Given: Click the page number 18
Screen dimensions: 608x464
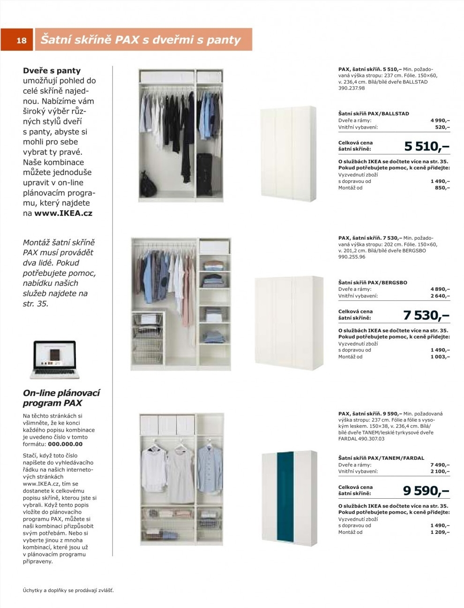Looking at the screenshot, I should [22, 40].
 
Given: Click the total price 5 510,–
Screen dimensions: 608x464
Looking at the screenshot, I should [426, 146].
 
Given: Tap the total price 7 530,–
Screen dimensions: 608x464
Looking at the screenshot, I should [426, 315].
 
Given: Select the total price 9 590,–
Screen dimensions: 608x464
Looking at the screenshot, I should [426, 491].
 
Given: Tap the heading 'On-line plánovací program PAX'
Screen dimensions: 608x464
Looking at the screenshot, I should [61, 398].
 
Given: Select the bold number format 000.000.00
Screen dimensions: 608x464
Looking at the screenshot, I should [65, 444].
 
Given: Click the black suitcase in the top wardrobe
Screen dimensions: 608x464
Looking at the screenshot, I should [204, 174].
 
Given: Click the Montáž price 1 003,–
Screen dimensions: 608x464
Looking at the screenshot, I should [440, 357].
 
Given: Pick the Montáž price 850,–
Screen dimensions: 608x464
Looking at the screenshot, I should [442, 188].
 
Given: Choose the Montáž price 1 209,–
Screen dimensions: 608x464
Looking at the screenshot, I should [440, 532].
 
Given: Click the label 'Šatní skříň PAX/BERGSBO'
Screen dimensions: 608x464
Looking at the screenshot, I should [373, 282].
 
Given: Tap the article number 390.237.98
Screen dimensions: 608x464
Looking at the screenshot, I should [351, 88].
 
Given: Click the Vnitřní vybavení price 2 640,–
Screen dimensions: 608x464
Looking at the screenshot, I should [440, 296].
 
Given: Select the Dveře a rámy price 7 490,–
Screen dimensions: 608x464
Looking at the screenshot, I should [440, 465].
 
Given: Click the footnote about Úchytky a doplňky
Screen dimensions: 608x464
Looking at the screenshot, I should [68, 590].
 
